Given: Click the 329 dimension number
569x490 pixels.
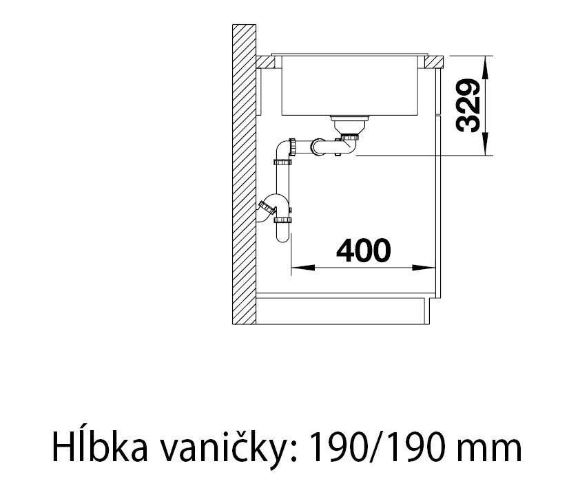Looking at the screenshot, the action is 468,106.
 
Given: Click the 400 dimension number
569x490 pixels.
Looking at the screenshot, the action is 363,251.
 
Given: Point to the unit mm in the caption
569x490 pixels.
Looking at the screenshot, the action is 489,451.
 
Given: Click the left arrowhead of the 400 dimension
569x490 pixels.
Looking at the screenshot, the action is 302,268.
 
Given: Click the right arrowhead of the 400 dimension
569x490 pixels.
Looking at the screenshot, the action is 424,268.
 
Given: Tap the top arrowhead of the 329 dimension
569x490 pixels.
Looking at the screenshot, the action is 486,67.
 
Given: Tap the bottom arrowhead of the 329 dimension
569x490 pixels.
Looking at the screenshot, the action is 486,145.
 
